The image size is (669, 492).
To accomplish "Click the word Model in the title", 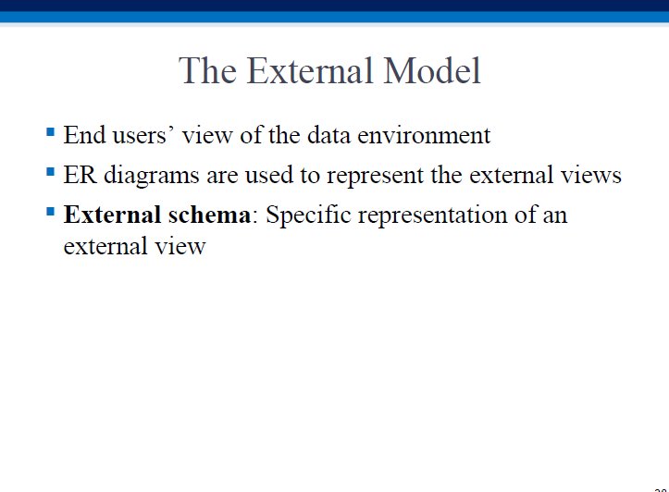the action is pyautogui.click(x=432, y=70).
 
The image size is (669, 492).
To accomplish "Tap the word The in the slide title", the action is pyautogui.click(x=207, y=70).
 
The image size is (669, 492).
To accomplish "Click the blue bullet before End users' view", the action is pyautogui.click(x=50, y=131).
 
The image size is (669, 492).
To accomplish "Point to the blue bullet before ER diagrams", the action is pyautogui.click(x=50, y=171).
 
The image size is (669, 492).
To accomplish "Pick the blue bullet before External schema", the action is pyautogui.click(x=50, y=212).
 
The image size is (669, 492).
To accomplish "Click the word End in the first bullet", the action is pyautogui.click(x=84, y=135).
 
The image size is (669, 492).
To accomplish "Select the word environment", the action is pyautogui.click(x=424, y=135).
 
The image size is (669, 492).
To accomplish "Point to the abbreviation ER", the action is pyautogui.click(x=80, y=175).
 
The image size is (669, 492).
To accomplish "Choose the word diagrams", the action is pyautogui.click(x=152, y=176).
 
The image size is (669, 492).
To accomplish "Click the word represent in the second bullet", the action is pyautogui.click(x=375, y=177).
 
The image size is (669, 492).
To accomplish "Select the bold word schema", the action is pyautogui.click(x=209, y=215).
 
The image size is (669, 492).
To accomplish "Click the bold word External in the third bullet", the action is pyautogui.click(x=112, y=215).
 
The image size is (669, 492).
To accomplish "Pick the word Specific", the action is pyautogui.click(x=308, y=215).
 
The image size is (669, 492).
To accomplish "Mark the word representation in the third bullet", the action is pyautogui.click(x=433, y=215).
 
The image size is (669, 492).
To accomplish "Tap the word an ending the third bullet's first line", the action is pyautogui.click(x=555, y=215).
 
